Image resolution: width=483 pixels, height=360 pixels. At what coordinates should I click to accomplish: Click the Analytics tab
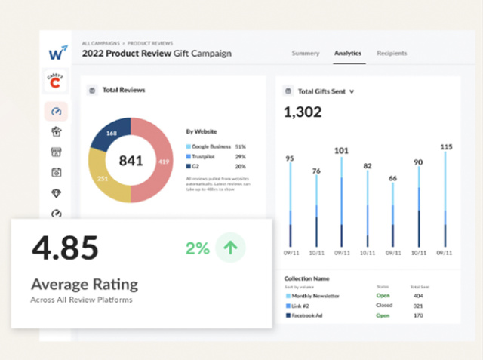click(348, 54)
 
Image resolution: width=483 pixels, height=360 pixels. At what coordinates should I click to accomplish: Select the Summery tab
click(306, 54)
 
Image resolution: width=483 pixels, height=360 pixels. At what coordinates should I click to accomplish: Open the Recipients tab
click(392, 54)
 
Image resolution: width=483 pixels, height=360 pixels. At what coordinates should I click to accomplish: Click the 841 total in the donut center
click(131, 161)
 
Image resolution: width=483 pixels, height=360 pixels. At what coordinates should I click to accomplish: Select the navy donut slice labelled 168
click(109, 134)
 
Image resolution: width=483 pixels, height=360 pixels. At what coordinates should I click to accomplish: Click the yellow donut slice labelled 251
click(103, 178)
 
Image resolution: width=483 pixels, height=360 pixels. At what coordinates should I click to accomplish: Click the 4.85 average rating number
click(65, 248)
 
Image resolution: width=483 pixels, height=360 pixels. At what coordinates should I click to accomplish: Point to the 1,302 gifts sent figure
click(303, 112)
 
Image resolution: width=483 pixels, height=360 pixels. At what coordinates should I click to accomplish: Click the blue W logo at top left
click(57, 53)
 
